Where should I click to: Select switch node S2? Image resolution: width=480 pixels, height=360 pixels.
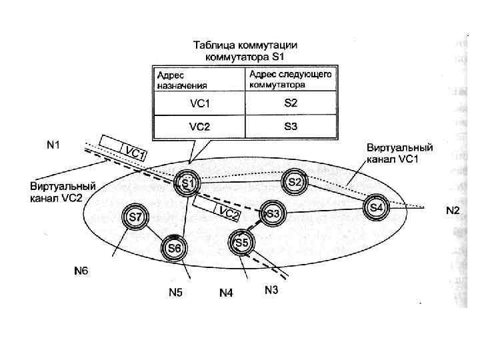(295, 181)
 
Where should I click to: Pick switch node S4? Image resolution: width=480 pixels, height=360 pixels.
(377, 207)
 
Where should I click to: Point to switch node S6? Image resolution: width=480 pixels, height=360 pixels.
(173, 248)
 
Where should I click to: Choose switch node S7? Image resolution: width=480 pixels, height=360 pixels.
(135, 217)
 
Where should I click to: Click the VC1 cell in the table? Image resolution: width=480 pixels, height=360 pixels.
(199, 103)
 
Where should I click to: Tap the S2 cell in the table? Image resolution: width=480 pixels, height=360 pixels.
(291, 103)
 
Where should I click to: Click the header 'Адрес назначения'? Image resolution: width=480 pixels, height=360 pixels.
(181, 80)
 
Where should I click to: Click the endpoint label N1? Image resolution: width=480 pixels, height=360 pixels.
(53, 144)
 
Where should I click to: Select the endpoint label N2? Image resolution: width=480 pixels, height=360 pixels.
(453, 211)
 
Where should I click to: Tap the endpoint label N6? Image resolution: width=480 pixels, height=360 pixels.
(81, 271)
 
